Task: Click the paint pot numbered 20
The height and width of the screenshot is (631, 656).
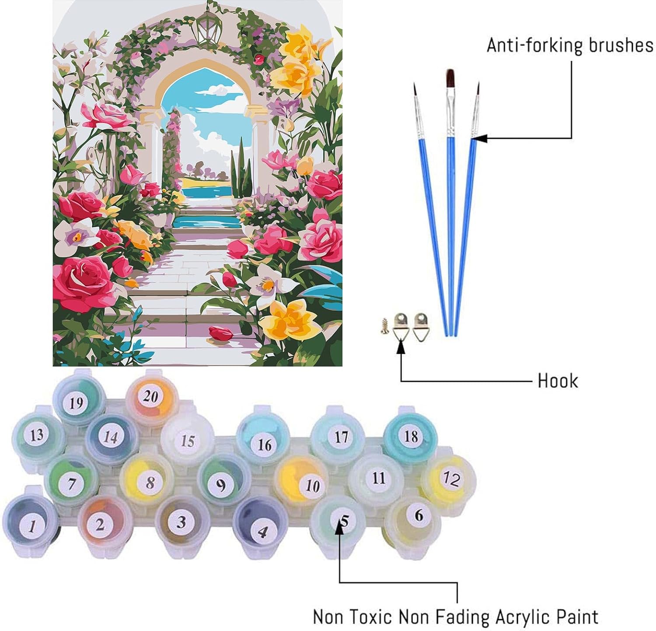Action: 150,396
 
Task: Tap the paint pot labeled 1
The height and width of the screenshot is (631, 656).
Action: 31,524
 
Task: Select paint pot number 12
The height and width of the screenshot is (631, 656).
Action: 450,479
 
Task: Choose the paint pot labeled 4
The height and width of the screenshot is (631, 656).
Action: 262,531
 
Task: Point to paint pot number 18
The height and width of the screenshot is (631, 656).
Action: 411,436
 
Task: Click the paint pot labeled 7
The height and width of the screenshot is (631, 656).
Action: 73,483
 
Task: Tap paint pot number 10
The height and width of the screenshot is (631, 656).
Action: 312,485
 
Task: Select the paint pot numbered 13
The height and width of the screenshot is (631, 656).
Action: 37,434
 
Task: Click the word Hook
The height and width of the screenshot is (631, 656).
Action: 558,381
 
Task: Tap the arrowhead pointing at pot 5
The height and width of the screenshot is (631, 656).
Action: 340,529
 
